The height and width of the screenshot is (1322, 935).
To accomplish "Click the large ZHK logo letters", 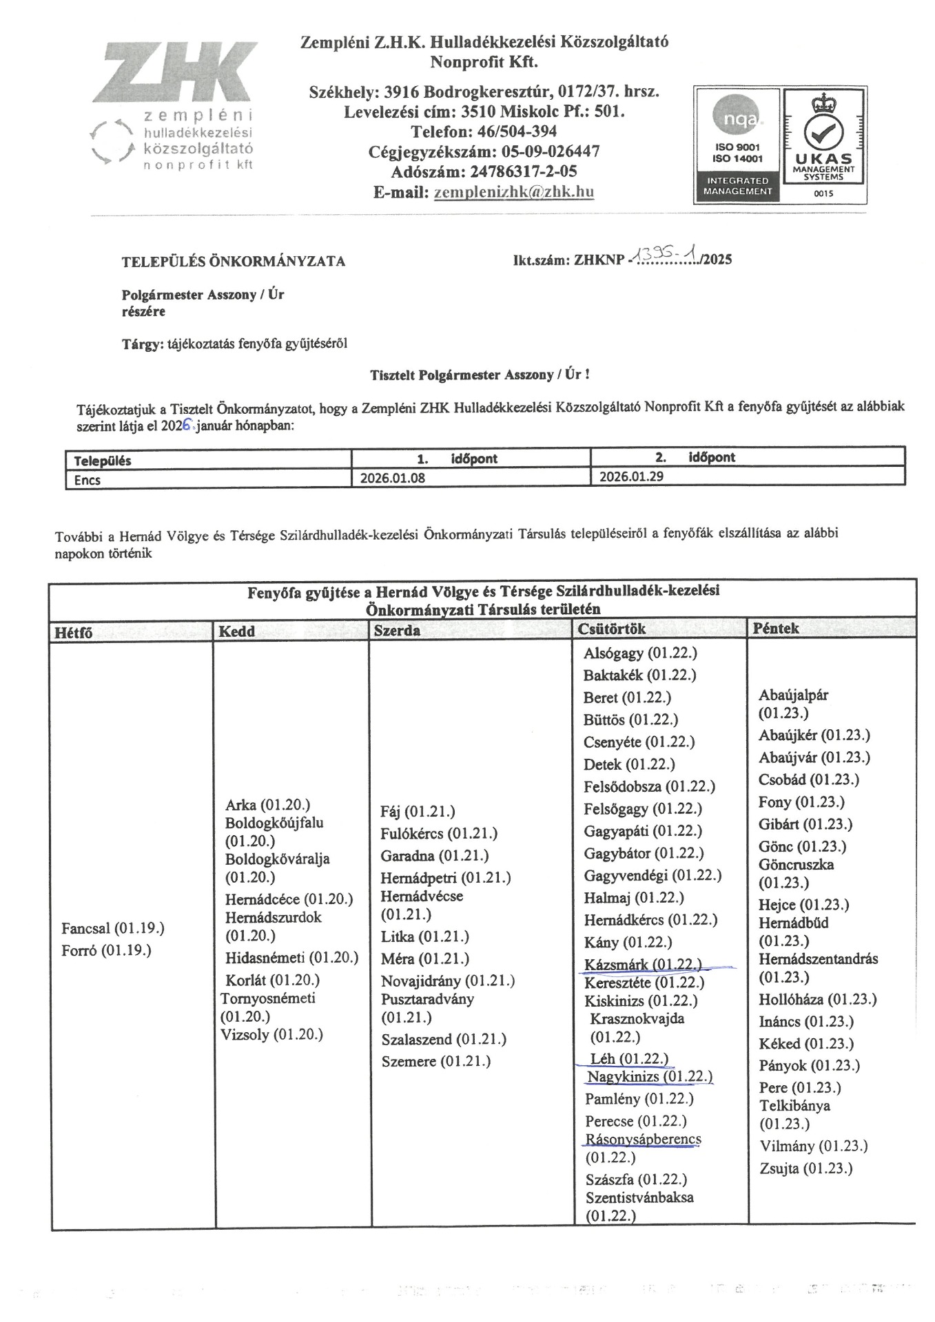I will [x=175, y=72].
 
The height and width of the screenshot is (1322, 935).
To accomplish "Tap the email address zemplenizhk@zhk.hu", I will [x=513, y=192].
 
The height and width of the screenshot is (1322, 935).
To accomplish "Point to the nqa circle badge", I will [x=737, y=118].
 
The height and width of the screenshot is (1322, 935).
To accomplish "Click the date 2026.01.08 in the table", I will [x=393, y=478].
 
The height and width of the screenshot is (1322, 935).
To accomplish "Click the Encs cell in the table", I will [x=88, y=480].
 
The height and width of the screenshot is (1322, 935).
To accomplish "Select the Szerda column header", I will [x=397, y=630].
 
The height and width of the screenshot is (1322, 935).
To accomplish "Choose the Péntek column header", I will [x=776, y=628].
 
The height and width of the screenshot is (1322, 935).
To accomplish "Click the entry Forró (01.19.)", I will [x=106, y=950].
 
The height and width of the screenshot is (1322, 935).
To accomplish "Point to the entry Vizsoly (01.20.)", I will [x=271, y=1034].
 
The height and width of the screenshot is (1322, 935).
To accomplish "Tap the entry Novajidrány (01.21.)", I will [x=448, y=980].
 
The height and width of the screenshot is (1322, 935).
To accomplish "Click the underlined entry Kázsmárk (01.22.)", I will [x=642, y=964].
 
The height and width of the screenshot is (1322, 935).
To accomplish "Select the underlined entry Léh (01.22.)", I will [x=628, y=1058].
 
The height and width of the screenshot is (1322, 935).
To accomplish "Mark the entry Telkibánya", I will [x=794, y=1106].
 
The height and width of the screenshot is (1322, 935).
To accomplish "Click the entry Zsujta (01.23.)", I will [x=805, y=1168].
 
